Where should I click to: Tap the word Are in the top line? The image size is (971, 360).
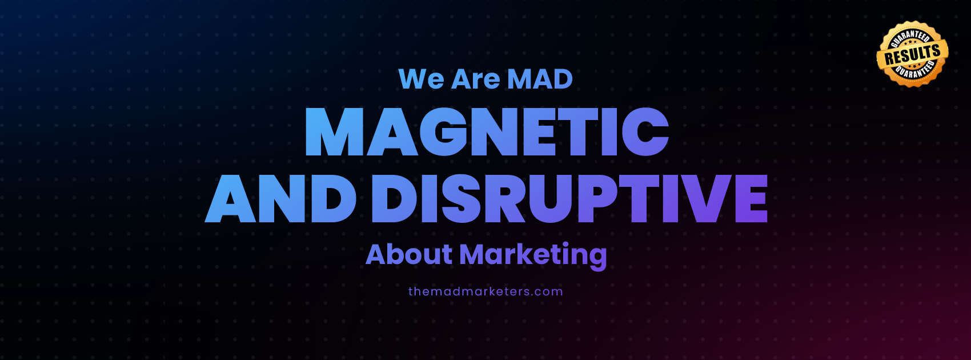click(x=476, y=79)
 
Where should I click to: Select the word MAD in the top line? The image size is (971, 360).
click(x=540, y=79)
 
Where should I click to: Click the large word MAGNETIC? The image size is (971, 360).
click(x=487, y=131)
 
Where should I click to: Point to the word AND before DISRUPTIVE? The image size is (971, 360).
click(x=280, y=198)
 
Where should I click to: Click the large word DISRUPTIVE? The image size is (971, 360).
click(x=569, y=198)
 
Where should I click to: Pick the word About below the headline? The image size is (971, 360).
click(x=409, y=254)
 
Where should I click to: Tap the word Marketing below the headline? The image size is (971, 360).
click(x=533, y=256)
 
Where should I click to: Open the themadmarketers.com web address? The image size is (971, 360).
click(x=485, y=291)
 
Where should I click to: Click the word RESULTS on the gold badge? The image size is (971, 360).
click(x=913, y=54)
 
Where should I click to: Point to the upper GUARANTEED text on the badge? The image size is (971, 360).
click(x=910, y=38)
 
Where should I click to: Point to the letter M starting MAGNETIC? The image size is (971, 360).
click(x=335, y=131)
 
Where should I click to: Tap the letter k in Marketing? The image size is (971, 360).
click(x=519, y=254)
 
